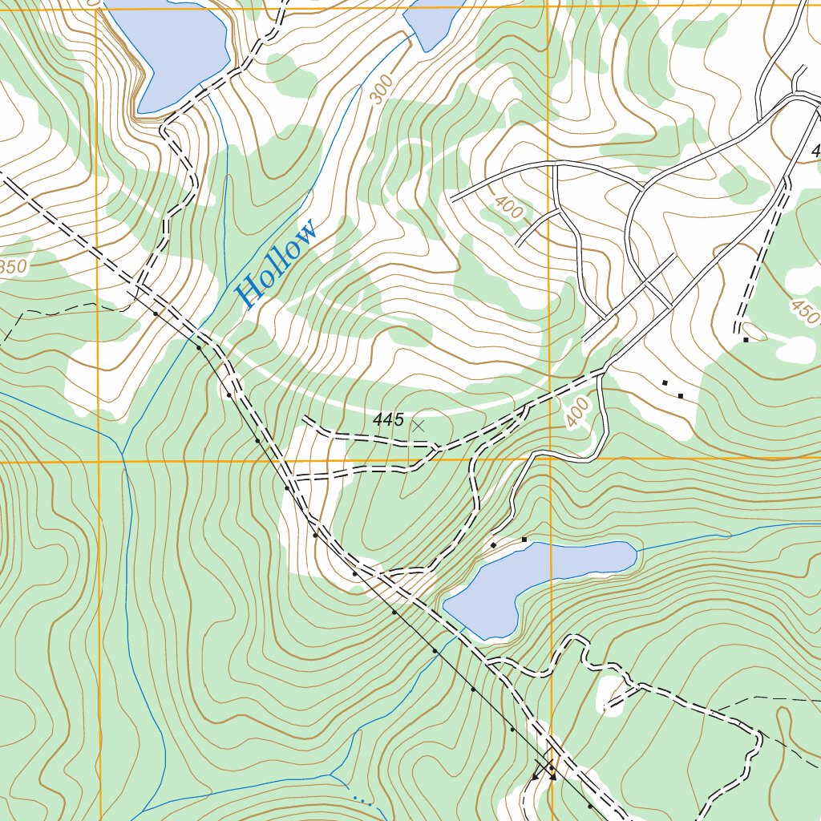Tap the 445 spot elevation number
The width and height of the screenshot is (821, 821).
coord(388,419)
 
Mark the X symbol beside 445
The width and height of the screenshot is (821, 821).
coord(418,426)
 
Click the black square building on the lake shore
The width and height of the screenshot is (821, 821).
coord(524,540)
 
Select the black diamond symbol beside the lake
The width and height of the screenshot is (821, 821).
coord(493,545)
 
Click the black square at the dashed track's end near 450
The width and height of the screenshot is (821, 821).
coord(745,340)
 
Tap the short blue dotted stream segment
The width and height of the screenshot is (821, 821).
coord(362,799)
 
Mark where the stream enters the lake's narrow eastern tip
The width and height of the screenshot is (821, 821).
coord(637,551)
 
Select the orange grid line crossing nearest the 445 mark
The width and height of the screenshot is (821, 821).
coord(550,460)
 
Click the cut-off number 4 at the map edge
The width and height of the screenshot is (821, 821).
coord(815,151)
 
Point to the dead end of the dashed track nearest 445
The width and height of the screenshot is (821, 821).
coord(305,417)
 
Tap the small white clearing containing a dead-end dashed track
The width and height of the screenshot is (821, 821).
coord(612,694)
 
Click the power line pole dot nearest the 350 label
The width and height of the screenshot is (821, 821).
coord(155,313)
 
